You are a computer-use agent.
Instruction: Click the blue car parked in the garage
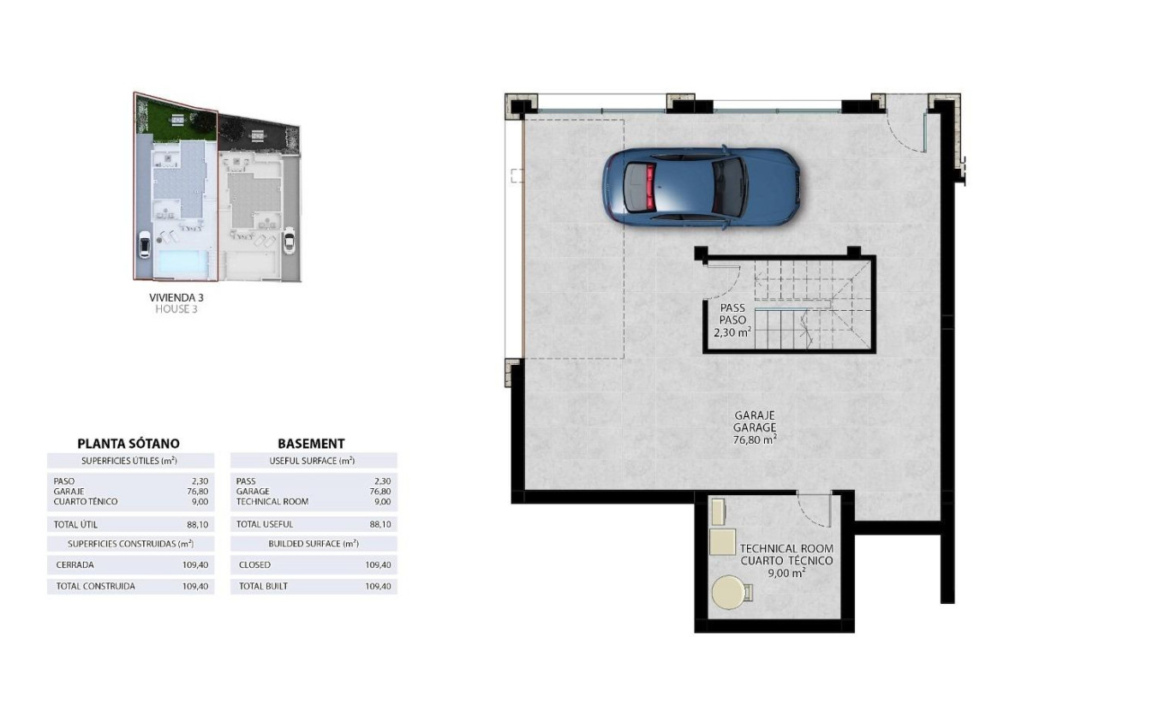coord(702,186)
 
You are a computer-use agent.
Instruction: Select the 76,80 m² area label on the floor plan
coord(755,439)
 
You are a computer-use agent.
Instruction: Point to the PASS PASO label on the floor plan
coord(732,313)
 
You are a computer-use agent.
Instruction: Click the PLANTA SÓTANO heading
coord(128,444)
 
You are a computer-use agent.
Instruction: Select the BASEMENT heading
coord(311,444)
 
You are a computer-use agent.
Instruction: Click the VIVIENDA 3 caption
coord(176,298)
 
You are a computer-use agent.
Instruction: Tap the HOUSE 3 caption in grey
coord(176,309)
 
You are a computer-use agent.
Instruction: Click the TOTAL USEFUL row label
coord(264,524)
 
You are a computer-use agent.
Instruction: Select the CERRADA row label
coord(75,565)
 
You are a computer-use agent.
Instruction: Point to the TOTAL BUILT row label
coord(263,587)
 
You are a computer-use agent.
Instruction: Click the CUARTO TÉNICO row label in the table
coord(85,502)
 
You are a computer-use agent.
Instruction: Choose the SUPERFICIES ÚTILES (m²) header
coord(128,461)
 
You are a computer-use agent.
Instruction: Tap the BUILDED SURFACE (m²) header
coord(313,544)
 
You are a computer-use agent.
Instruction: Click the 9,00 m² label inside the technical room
coord(786,574)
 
